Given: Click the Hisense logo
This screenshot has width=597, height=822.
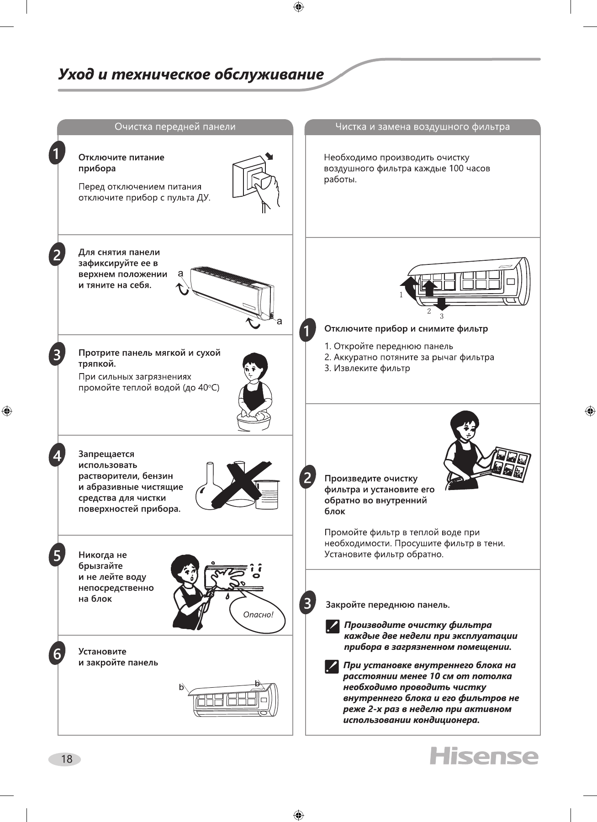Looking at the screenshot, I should tap(484, 756).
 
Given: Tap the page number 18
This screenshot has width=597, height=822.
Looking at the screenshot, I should tap(66, 759).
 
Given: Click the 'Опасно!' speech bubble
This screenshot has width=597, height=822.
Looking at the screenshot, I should tap(258, 615).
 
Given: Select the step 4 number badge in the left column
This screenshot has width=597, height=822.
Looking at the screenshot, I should tap(57, 456).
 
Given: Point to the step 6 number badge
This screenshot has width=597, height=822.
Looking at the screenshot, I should tap(57, 654).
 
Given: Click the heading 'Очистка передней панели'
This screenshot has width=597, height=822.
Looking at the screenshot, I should tap(175, 127).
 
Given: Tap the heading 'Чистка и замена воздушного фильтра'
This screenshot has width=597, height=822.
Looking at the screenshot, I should tap(423, 127).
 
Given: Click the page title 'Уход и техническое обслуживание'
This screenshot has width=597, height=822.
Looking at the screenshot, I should tap(191, 74).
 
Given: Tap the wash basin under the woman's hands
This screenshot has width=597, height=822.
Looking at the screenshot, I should tap(254, 422).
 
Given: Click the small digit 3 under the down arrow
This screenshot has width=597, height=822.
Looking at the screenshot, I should tap(442, 316).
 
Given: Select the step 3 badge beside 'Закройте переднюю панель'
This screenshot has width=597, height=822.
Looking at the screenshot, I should tap(308, 603).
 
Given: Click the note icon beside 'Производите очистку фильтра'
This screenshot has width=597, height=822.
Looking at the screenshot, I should tap(333, 626).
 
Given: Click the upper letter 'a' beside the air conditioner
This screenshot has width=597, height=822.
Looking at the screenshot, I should tap(180, 274).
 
